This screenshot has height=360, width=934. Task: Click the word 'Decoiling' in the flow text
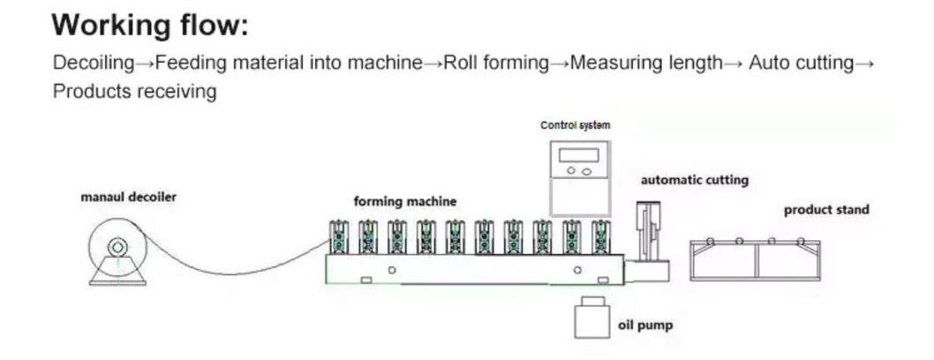point(94,64)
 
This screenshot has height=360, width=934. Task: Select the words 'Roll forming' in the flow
point(495,64)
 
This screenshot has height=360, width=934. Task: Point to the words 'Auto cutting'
point(801,64)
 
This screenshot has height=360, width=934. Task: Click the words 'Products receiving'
point(134,92)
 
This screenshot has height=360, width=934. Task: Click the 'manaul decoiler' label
point(129,197)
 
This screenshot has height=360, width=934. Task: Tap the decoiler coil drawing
point(116,248)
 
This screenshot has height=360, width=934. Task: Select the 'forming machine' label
point(405,201)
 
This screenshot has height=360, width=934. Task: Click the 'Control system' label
point(575,125)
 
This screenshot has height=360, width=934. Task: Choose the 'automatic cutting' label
point(694,180)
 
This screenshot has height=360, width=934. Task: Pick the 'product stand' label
point(826,210)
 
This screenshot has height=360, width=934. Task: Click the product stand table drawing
point(758,260)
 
